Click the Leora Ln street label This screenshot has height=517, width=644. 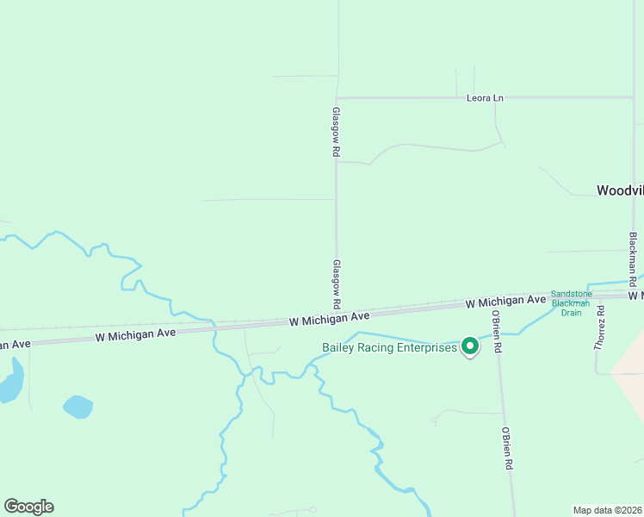[485, 98]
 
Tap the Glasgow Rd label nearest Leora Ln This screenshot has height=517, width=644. [337, 131]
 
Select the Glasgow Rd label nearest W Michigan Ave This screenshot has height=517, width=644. [337, 284]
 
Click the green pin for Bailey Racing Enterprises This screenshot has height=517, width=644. [469, 346]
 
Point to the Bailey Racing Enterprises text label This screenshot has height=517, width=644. [389, 348]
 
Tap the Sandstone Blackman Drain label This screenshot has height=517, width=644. [571, 303]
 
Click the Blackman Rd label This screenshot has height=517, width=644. [633, 259]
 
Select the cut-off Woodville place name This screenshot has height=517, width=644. [620, 190]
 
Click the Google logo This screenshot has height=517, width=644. [28, 507]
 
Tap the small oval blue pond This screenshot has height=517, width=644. [77, 406]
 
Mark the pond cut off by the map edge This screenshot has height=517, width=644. [9, 380]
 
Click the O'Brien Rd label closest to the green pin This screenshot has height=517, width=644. [497, 332]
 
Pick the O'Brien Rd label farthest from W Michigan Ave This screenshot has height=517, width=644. [509, 447]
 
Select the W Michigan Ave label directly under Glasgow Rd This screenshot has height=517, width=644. [329, 318]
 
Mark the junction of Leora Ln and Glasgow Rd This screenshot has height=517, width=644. [337, 98]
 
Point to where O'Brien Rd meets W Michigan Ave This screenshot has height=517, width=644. [492, 303]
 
